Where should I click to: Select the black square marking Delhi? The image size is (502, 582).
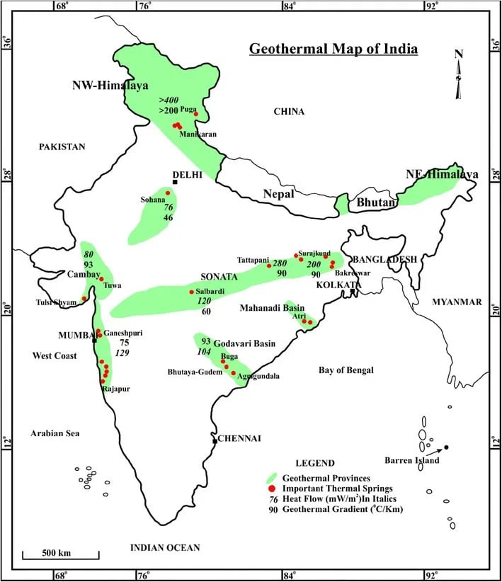175,182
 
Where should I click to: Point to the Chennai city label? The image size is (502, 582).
240,438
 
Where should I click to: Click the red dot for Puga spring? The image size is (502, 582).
196,113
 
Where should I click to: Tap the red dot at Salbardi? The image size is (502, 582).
191,292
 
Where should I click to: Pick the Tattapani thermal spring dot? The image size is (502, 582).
269,266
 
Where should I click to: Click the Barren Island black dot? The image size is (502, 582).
446,447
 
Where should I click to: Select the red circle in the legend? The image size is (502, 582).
270,489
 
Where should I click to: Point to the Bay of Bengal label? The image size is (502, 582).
346,370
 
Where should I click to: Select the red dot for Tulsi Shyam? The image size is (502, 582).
84,299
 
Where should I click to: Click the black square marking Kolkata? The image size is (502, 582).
353,291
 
